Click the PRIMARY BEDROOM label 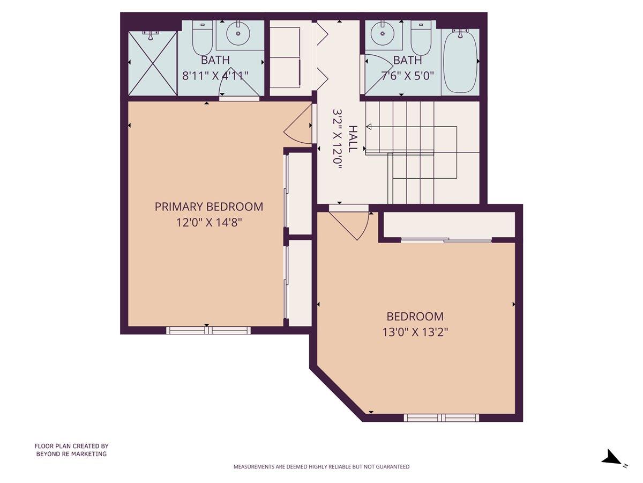[209, 207]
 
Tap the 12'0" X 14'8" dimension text [209, 222]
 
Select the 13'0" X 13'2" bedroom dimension [415, 332]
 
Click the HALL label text [353, 138]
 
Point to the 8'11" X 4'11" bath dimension [215, 75]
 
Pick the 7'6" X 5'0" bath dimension [407, 75]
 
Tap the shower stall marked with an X [153, 63]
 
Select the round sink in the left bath [238, 35]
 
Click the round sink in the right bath [384, 35]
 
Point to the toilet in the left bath [203, 38]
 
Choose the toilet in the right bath [421, 38]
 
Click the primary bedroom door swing [298, 126]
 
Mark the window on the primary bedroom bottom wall [208, 330]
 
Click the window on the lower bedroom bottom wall [440, 418]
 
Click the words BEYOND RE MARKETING [71, 454]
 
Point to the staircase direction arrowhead [369, 127]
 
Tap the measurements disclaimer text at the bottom [321, 467]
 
